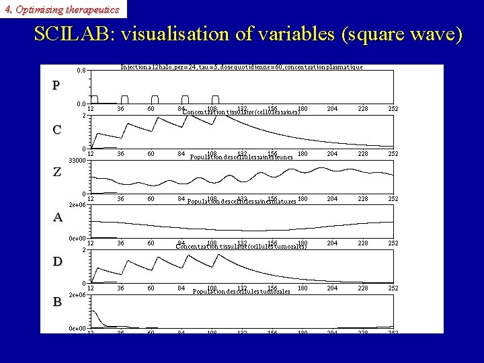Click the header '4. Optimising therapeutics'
[62, 9]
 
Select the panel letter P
[56, 85]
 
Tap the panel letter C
[57, 130]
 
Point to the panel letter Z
[57, 172]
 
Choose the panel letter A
[57, 217]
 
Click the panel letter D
[57, 261]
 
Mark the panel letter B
[57, 302]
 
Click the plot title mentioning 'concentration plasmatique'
[241, 67]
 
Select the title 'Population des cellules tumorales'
[241, 292]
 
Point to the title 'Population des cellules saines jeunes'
[241, 157]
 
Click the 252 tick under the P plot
[393, 109]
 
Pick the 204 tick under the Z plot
[332, 199]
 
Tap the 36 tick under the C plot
[120, 154]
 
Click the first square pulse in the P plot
[95, 99]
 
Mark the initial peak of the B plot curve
[95, 311]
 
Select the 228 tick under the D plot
[362, 288]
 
